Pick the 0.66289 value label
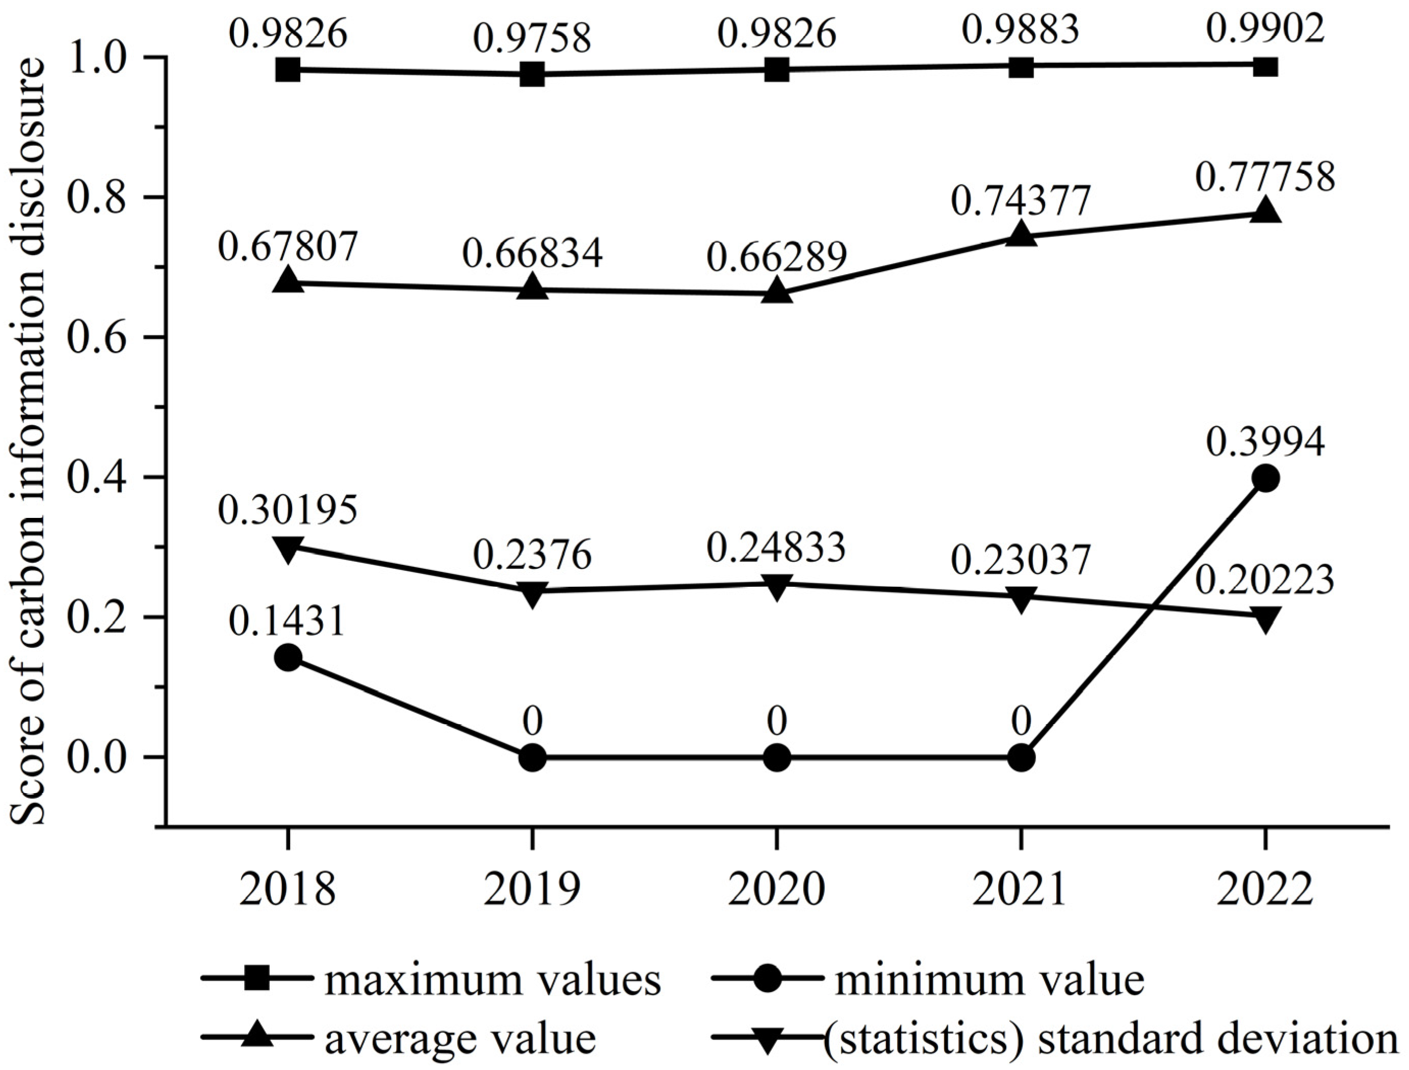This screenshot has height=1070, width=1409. tap(776, 258)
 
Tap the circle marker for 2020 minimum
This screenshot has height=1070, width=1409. tap(776, 758)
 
